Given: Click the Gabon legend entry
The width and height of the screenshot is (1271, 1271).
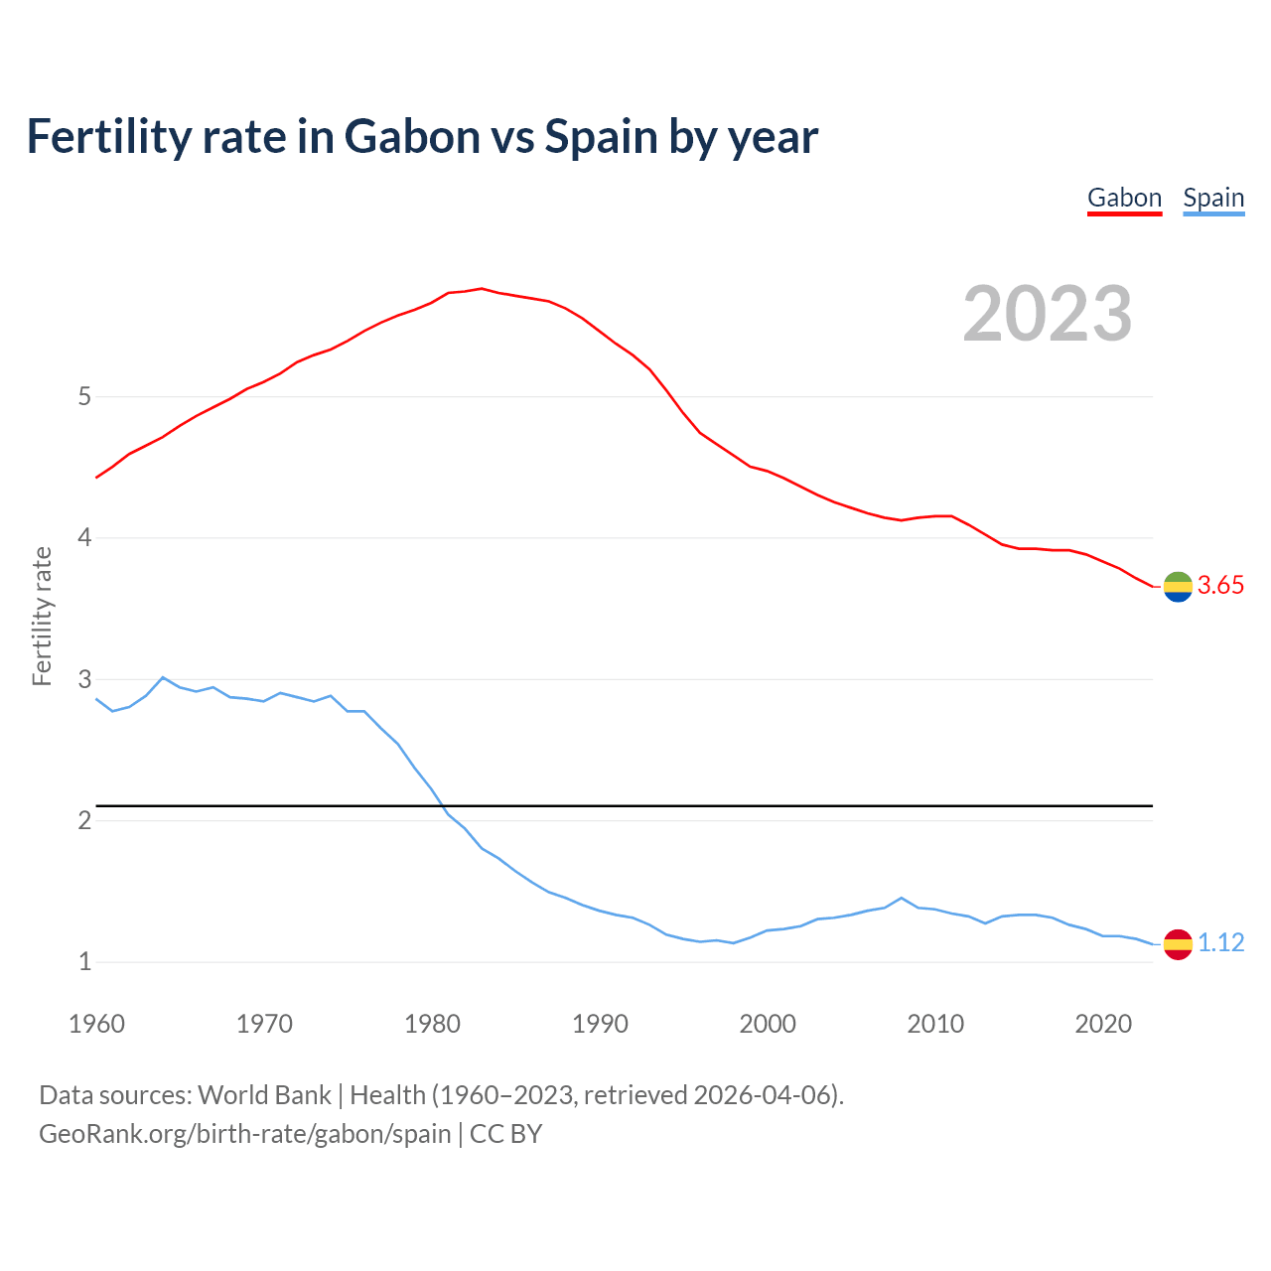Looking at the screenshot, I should click(1124, 198).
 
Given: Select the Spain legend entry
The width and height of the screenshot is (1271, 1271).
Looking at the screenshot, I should click(1213, 198).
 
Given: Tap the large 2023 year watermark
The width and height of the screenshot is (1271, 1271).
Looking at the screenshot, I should click(1048, 314).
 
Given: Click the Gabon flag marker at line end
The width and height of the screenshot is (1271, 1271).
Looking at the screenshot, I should click(1178, 587).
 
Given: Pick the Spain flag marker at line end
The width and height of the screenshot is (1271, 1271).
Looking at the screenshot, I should click(1178, 943).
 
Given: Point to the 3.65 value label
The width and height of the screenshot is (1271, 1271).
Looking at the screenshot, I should click(1220, 586).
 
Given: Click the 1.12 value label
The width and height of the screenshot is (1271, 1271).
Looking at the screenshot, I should click(1220, 942).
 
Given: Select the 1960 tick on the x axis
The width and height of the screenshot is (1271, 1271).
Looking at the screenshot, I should click(96, 1024).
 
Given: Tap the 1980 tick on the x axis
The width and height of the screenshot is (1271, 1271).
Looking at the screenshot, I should click(432, 1024).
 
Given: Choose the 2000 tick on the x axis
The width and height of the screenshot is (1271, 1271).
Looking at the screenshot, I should click(768, 1024).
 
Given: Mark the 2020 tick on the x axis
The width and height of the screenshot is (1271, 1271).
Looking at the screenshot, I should click(1103, 1024).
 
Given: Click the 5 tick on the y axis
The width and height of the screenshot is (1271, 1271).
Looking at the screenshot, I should click(84, 397).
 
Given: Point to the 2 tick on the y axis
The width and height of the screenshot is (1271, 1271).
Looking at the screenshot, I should click(84, 821).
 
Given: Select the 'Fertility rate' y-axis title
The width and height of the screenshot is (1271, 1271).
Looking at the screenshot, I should click(42, 616).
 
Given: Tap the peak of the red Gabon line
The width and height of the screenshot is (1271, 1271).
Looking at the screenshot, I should click(482, 289).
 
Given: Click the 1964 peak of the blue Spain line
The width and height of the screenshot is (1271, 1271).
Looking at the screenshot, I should click(163, 677).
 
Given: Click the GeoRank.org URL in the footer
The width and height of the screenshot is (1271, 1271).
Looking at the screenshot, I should click(244, 1133).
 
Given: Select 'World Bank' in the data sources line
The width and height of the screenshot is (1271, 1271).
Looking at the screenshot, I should click(264, 1095).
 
